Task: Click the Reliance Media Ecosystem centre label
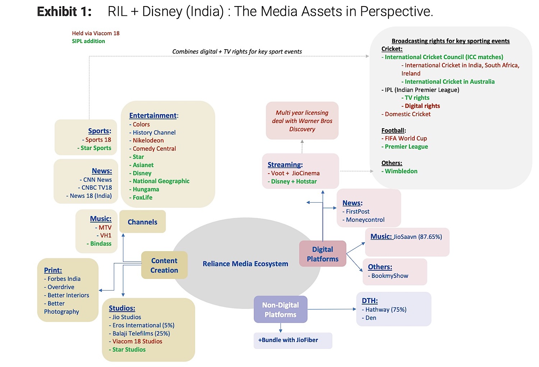click(245, 264)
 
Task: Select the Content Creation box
click(164, 265)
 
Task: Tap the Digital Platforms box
click(322, 254)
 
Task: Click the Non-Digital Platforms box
click(280, 309)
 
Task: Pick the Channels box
click(142, 222)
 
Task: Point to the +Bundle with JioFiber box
click(288, 340)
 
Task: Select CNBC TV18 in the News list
click(96, 188)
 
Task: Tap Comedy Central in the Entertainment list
click(154, 148)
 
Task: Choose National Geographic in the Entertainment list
click(161, 181)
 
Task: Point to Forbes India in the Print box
click(64, 279)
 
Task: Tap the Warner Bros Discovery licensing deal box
click(302, 121)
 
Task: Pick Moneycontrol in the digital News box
click(365, 220)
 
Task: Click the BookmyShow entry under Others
click(390, 276)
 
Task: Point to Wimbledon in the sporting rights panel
click(401, 171)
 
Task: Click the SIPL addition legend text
click(88, 41)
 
